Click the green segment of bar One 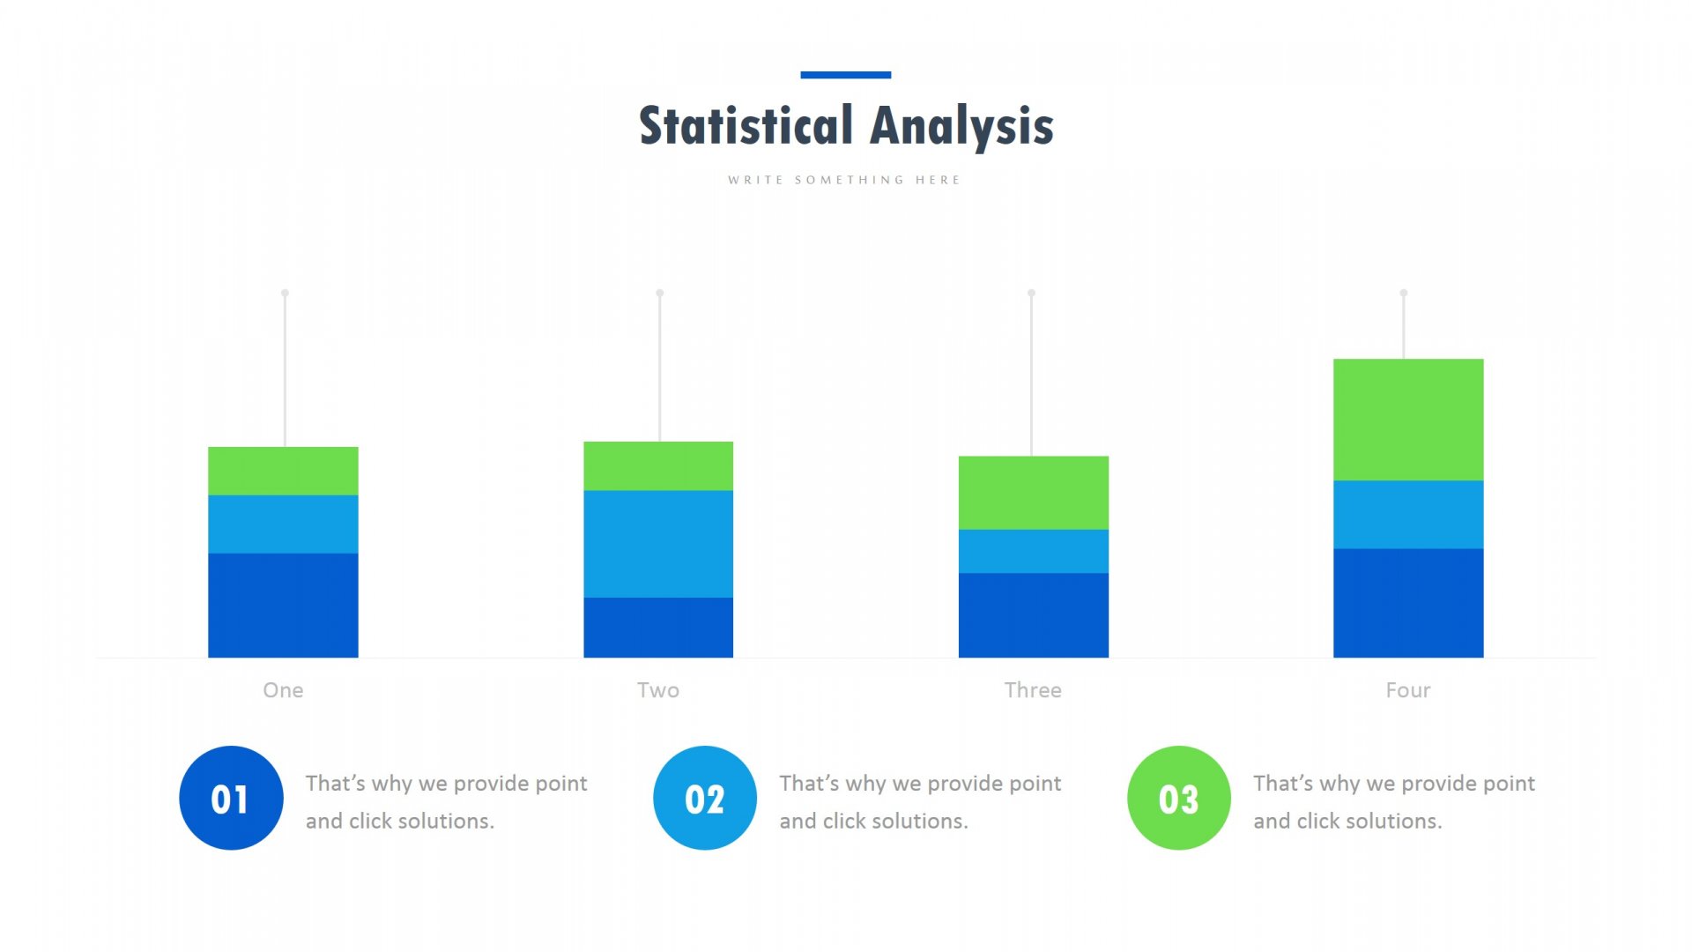(283, 471)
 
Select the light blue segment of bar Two (658, 544)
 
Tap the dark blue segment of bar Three (1033, 615)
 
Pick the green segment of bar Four (1408, 420)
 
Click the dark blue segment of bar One (283, 606)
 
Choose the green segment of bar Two (658, 466)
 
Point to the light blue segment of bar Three (1033, 551)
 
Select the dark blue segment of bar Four (1408, 603)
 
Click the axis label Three (1033, 690)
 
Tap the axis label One (283, 690)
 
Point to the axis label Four (1408, 690)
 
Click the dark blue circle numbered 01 (231, 798)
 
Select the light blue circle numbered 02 (705, 798)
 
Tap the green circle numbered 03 (1179, 798)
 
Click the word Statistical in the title (746, 125)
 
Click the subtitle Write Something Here (844, 180)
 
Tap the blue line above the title (845, 75)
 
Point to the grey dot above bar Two (659, 293)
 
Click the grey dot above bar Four (1404, 293)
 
